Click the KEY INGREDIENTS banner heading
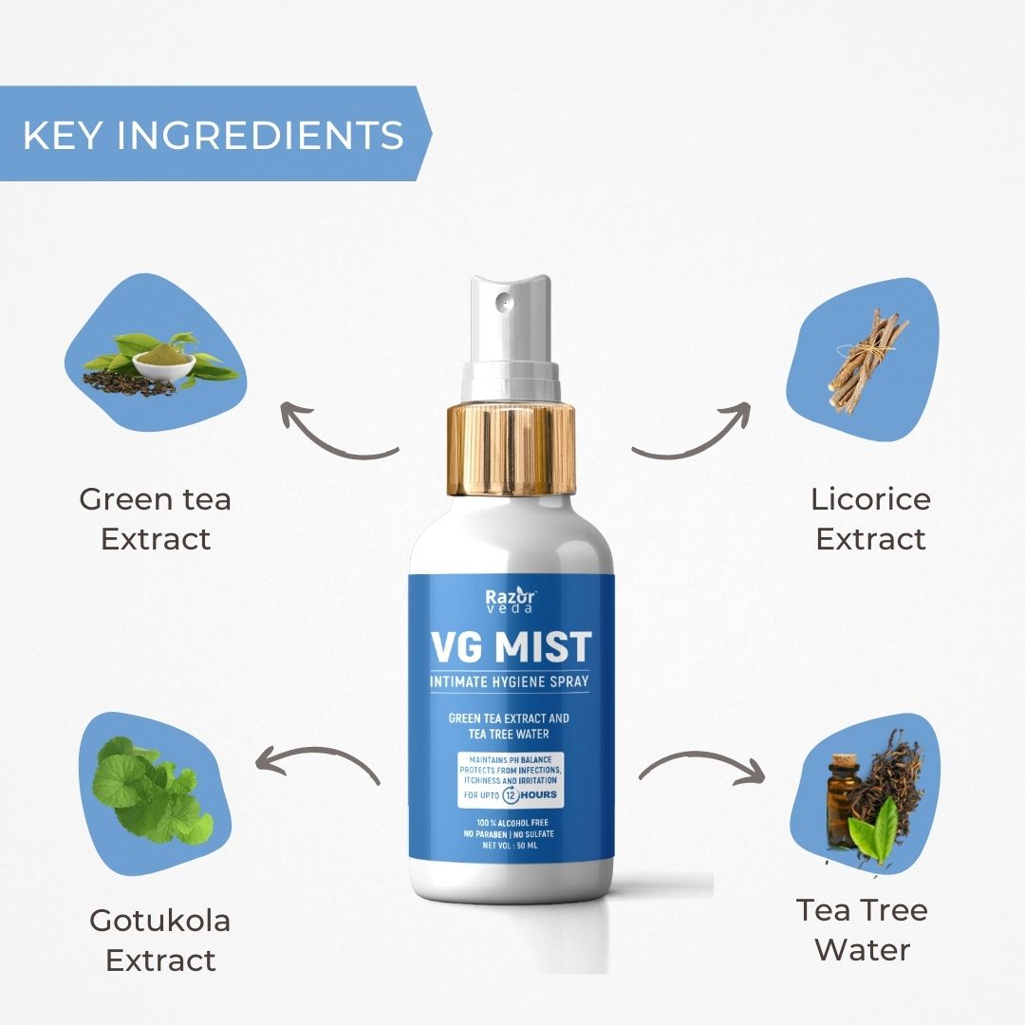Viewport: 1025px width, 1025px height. point(213,135)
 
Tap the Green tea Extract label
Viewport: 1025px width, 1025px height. point(155,518)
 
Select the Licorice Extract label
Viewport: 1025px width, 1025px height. point(870,518)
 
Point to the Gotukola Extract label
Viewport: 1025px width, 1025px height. point(159,940)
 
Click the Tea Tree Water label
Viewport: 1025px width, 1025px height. point(862,929)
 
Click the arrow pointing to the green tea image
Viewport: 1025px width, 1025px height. point(337,432)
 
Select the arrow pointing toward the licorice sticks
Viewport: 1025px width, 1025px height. point(691,432)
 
